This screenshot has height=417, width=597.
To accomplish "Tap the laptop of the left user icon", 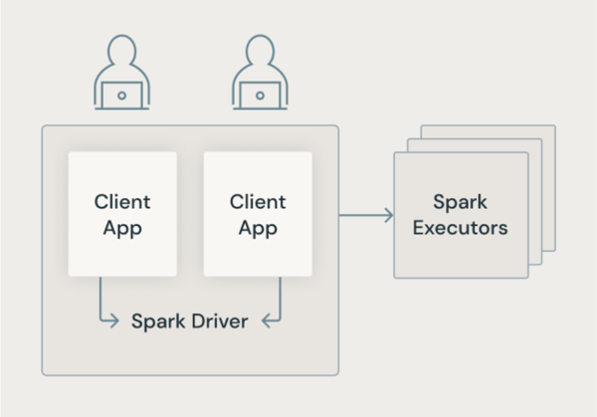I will (x=121, y=95).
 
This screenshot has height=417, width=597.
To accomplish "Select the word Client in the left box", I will (x=122, y=201).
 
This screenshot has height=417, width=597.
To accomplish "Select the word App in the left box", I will (x=122, y=228).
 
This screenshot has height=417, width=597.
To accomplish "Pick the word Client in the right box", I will (x=258, y=201).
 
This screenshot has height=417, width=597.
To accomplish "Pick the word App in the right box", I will (x=258, y=228).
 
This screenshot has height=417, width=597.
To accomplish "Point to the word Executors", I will (x=461, y=228).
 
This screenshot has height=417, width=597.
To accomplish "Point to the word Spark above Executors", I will (x=461, y=201).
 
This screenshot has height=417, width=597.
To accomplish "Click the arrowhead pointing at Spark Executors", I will (x=388, y=214).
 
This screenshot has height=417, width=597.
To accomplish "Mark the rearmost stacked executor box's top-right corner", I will (x=555, y=125).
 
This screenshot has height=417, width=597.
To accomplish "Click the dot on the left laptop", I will (x=121, y=96).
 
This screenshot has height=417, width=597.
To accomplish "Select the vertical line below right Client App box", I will (x=280, y=297).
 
